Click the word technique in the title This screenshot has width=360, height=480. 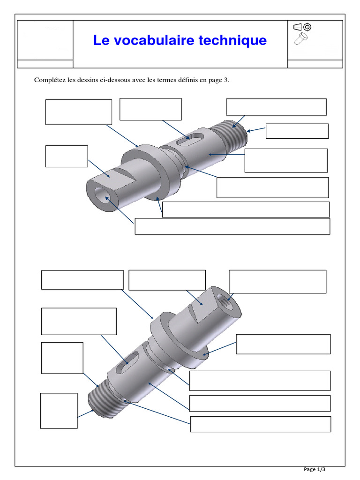233,41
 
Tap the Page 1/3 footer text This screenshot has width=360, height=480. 315,469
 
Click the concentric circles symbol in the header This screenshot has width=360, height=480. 307,27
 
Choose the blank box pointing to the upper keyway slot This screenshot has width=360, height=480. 150,109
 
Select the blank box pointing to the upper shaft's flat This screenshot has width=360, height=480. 67,156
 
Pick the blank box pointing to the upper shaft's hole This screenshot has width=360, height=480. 232,226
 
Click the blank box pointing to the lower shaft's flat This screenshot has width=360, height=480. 167,280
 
